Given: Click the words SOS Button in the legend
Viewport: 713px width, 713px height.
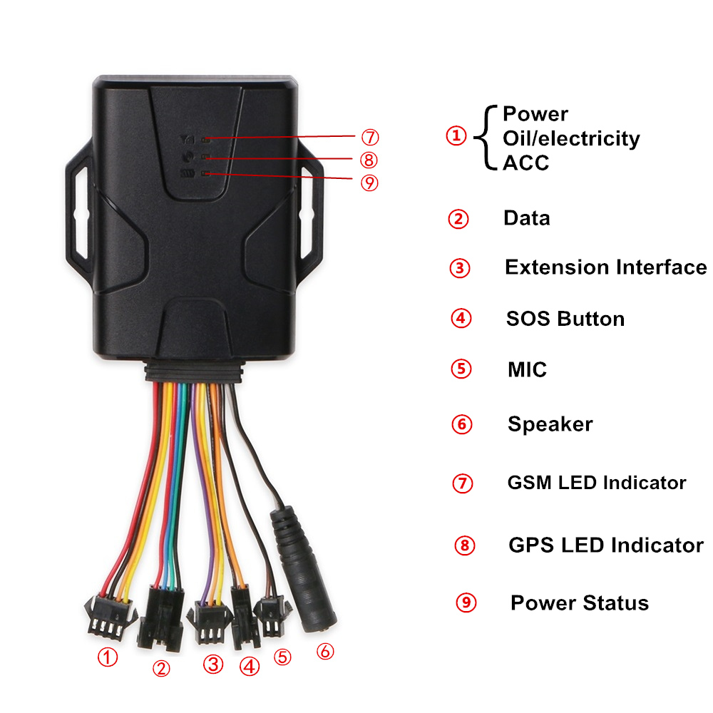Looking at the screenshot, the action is pyautogui.click(x=565, y=319).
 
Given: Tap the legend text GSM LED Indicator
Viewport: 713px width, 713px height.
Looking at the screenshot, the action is pyautogui.click(x=597, y=483).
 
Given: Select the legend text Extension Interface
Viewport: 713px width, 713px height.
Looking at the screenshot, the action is pyautogui.click(x=605, y=267).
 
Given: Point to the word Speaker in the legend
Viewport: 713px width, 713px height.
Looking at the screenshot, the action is pyautogui.click(x=550, y=424).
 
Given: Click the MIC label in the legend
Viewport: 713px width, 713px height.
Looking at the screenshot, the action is pyautogui.click(x=527, y=369).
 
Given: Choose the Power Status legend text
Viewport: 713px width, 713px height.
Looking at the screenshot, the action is pyautogui.click(x=579, y=603).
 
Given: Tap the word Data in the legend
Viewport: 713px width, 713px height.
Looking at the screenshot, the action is pyautogui.click(x=527, y=217).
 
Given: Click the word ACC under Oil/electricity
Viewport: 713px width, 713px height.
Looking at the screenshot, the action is pyautogui.click(x=526, y=163).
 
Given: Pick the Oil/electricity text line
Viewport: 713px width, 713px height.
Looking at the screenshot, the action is pyautogui.click(x=571, y=139).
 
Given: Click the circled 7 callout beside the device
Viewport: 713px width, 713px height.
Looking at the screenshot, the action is pyautogui.click(x=370, y=137).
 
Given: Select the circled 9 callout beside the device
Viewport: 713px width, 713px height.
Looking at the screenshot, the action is pyautogui.click(x=369, y=183).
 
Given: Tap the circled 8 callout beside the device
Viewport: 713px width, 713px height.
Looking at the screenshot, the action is pyautogui.click(x=369, y=160).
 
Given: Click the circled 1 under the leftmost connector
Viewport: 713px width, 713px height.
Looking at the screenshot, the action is pyautogui.click(x=108, y=657).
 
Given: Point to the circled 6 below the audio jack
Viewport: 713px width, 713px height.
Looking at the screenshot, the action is pyautogui.click(x=325, y=651).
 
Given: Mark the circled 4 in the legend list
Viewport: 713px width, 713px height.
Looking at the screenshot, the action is pyautogui.click(x=461, y=318).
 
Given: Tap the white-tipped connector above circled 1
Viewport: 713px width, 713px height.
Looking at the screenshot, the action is pyautogui.click(x=110, y=617).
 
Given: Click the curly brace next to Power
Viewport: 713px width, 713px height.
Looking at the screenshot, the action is pyautogui.click(x=486, y=138).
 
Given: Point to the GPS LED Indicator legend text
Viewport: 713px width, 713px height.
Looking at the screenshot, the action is pyautogui.click(x=605, y=545).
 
